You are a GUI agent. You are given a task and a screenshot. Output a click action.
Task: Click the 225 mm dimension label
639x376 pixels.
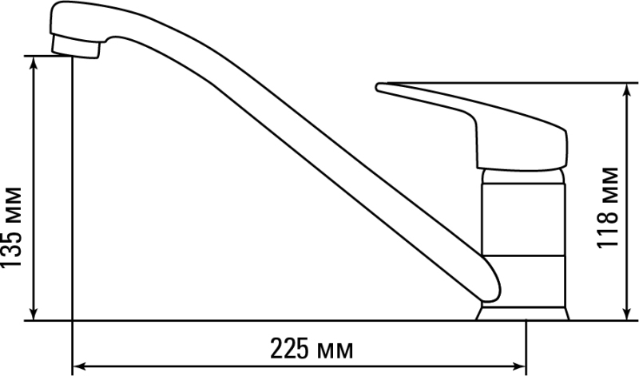[312, 349]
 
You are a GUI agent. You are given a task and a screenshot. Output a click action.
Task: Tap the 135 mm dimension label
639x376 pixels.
[11, 228]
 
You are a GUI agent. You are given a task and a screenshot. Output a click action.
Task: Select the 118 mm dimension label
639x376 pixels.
[608, 208]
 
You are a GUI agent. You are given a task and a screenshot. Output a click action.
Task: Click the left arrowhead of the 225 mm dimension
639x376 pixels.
[78, 366]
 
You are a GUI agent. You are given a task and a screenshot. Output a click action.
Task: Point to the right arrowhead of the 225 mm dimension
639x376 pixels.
[520, 366]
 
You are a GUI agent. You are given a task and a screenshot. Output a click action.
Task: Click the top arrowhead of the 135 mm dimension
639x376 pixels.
[34, 62]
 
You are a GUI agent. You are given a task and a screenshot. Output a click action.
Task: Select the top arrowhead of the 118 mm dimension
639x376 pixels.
[627, 89]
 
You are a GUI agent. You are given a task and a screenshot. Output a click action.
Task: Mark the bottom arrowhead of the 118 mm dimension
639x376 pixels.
[627, 314]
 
